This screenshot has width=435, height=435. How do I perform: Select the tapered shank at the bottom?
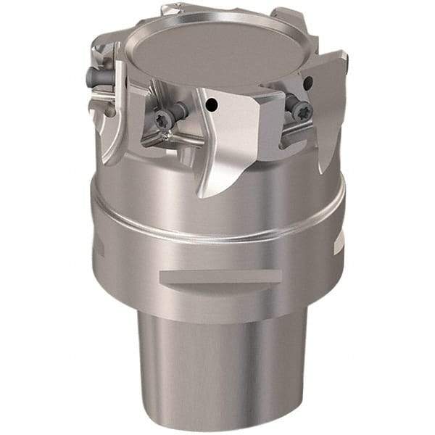pyautogui.click(x=217, y=362)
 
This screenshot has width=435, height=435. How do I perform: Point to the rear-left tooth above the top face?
pyautogui.click(x=178, y=10)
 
